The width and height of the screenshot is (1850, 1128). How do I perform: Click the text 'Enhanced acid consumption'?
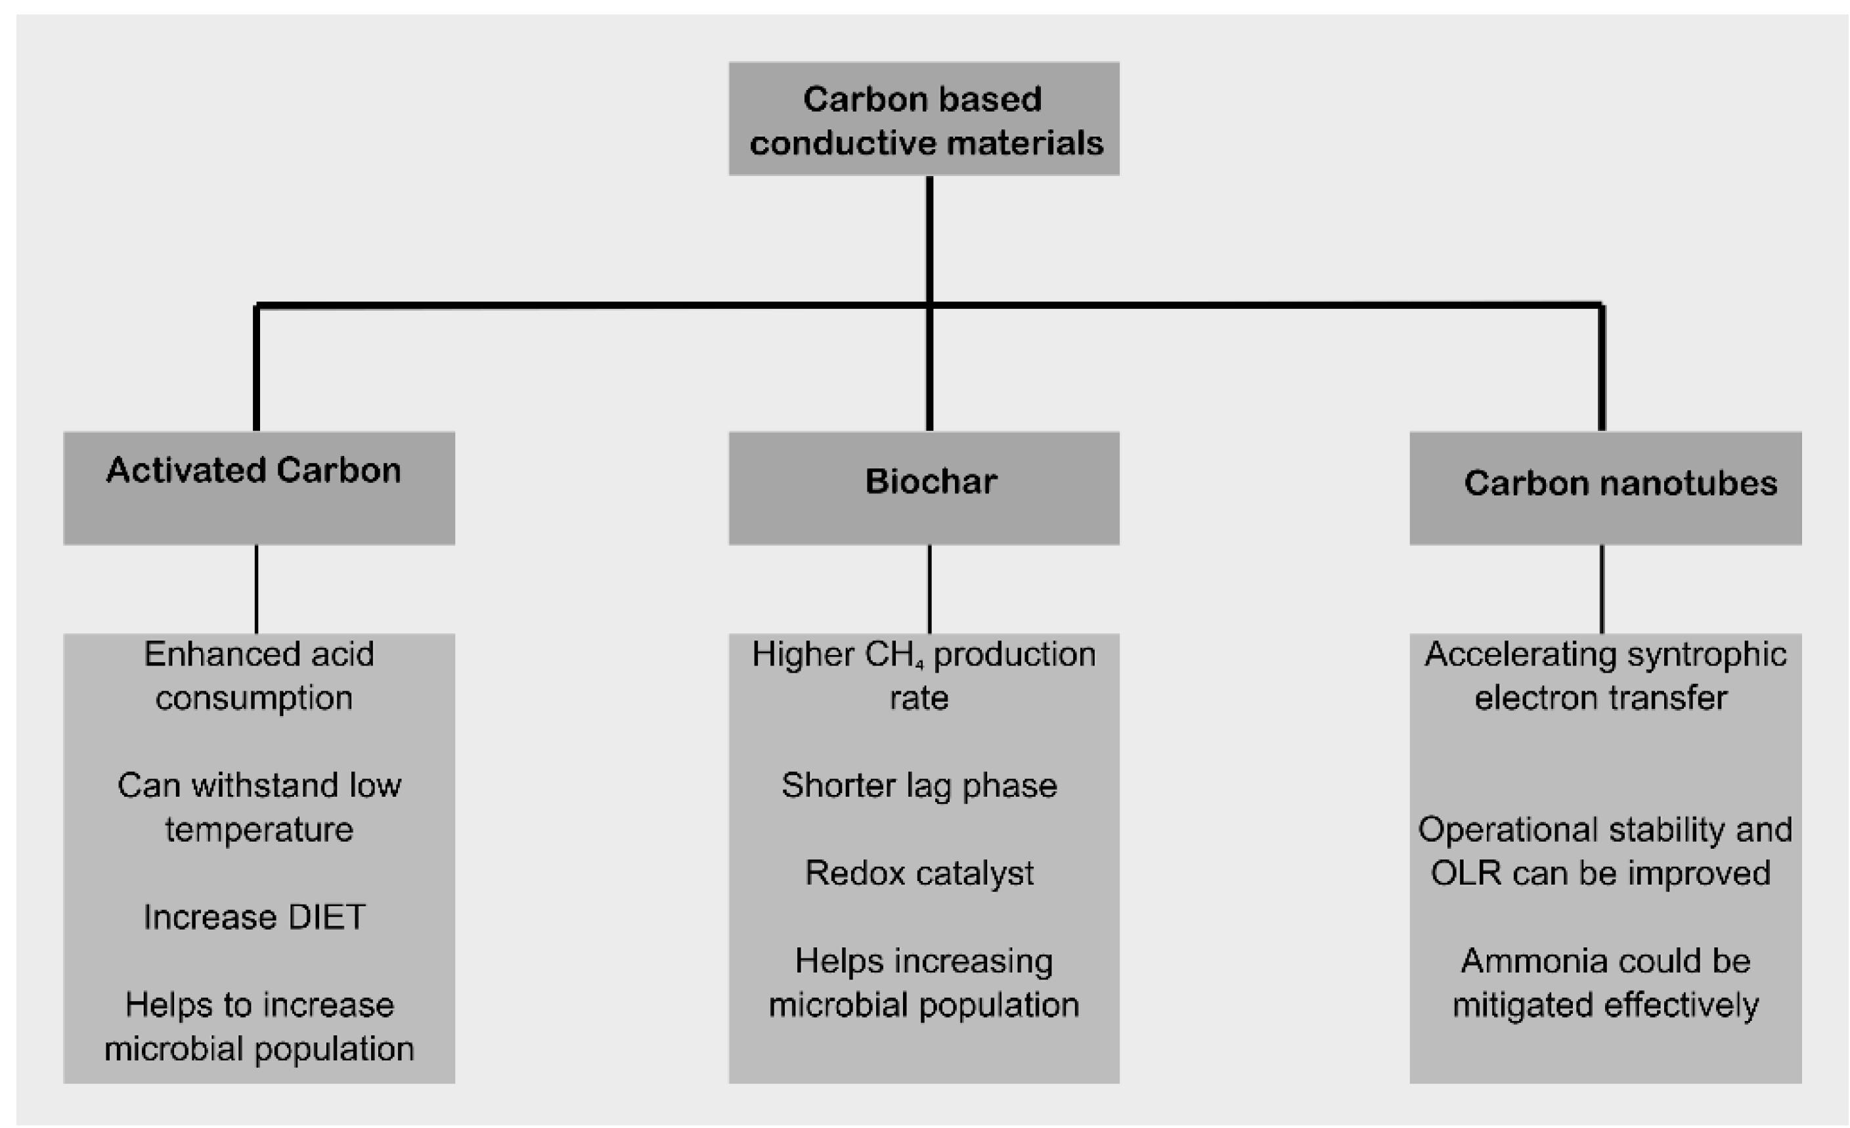[257, 676]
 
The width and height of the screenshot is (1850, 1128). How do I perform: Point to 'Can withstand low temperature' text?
[259, 807]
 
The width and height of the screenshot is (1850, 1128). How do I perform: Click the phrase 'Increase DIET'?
[255, 917]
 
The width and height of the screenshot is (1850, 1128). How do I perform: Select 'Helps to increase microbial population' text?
[259, 1027]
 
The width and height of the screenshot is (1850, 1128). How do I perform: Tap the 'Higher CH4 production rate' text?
[923, 676]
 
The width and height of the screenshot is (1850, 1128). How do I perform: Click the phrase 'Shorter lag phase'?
[919, 786]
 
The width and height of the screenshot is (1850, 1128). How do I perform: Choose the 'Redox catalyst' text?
[919, 873]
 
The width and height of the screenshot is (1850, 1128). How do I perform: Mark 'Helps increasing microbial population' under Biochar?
[923, 982]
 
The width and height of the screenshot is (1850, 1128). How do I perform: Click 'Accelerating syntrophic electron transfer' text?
[1604, 676]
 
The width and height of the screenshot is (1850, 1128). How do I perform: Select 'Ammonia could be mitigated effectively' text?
[1604, 982]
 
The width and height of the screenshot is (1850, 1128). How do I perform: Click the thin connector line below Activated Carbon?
[257, 589]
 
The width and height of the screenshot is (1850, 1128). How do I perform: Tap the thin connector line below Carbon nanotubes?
[1602, 589]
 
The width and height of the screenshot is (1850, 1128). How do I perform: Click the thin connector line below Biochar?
[929, 589]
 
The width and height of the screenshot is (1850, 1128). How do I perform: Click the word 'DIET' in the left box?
[326, 917]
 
